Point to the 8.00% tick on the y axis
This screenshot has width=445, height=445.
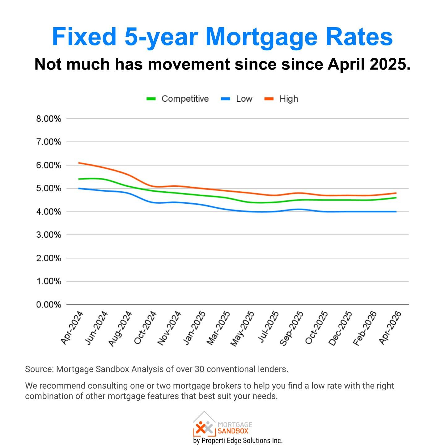[x=49, y=119]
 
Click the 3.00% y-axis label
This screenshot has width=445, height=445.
[x=49, y=235]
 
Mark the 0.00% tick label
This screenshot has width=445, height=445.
[x=49, y=305]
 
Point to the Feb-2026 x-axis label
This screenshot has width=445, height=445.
[x=365, y=328]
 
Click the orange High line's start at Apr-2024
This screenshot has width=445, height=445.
[x=79, y=163]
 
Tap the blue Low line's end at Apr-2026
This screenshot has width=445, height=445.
[x=396, y=212]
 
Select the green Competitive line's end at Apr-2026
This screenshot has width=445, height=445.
[x=396, y=198]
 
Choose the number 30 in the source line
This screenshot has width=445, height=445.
[x=199, y=369]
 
